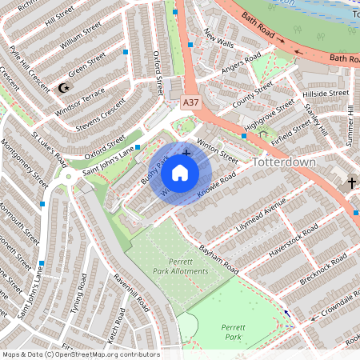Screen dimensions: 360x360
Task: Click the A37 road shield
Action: pyautogui.click(x=190, y=102)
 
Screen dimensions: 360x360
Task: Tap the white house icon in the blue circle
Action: pyautogui.click(x=180, y=172)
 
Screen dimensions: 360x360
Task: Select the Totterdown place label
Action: pyautogui.click(x=284, y=162)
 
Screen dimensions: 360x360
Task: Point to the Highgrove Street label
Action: pyautogui.click(x=269, y=117)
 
